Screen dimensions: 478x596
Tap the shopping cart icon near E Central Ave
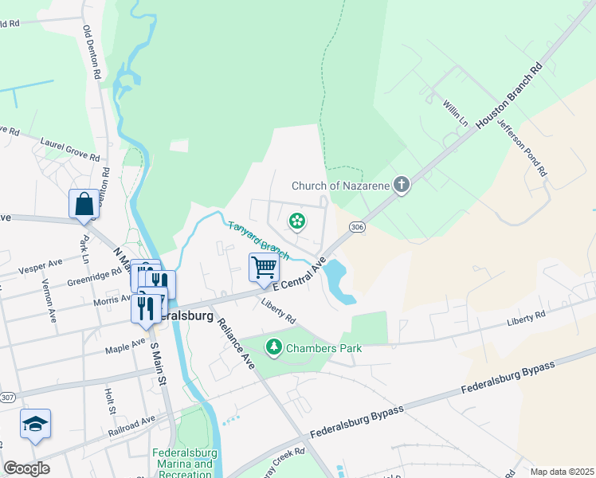tap(264, 267)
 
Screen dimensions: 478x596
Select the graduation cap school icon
tap(35, 424)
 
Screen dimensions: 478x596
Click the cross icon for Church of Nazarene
tap(402, 186)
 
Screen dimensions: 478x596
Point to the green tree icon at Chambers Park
tap(273, 347)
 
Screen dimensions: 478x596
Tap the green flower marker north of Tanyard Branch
tap(297, 220)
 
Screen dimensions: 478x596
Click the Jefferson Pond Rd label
tap(522, 146)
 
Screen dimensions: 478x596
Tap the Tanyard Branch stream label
tap(258, 240)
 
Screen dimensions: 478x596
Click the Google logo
tap(27, 468)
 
